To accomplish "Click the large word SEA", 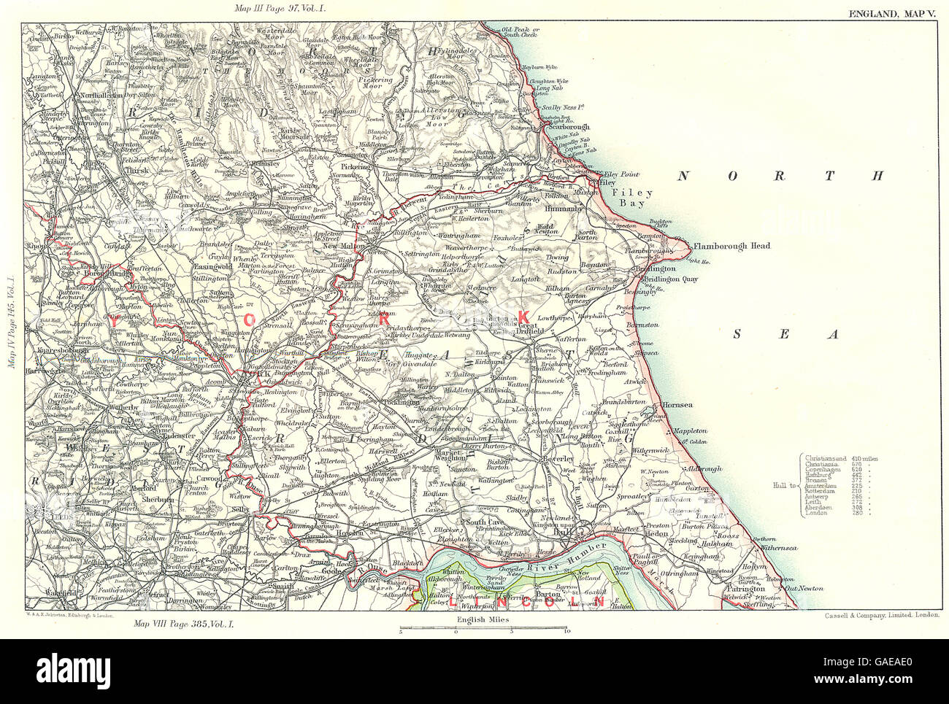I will [787, 334].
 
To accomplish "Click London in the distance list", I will [815, 513].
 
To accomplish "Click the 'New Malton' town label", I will [343, 247].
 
